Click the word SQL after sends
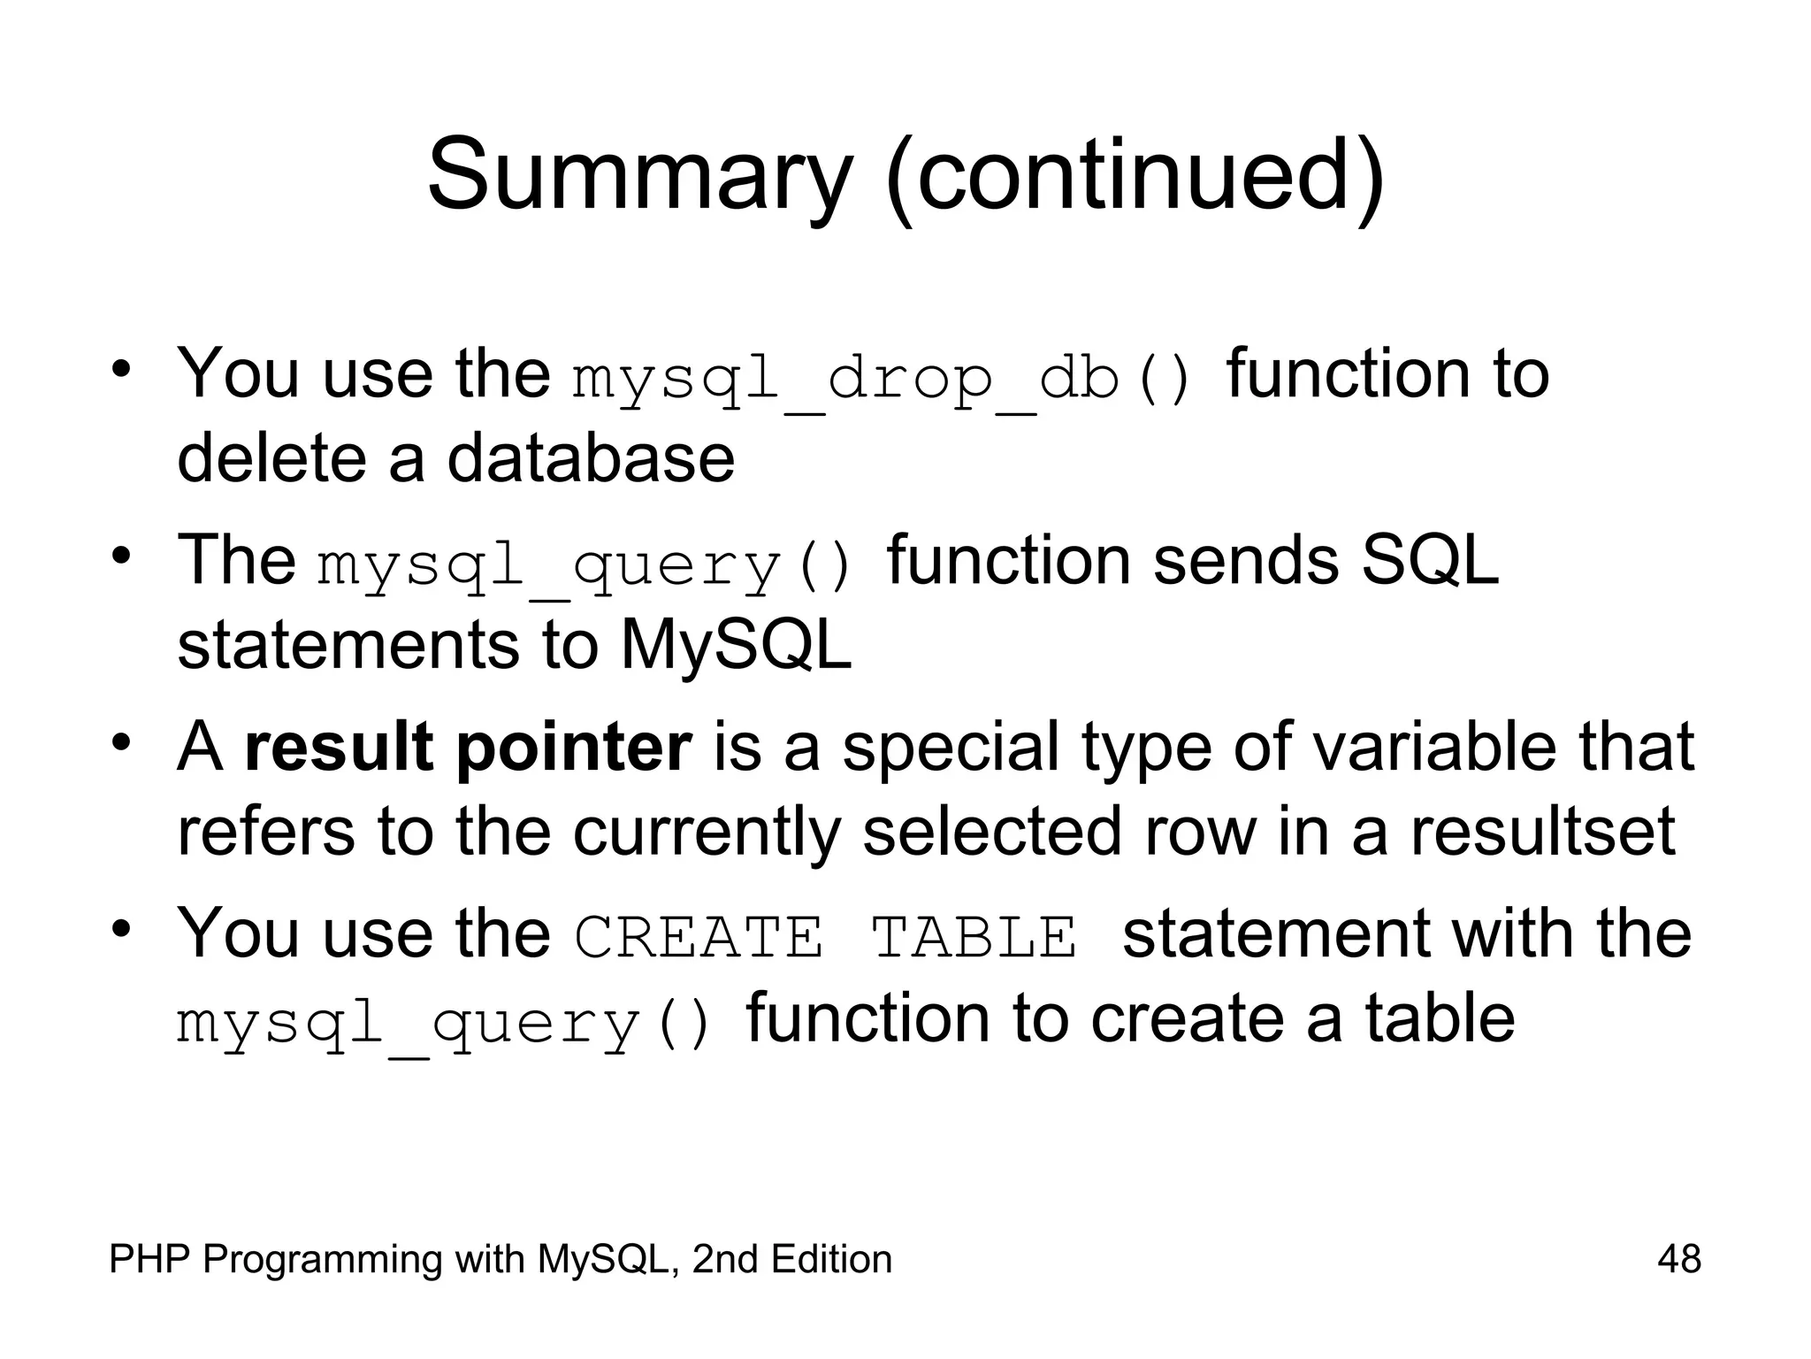1429,560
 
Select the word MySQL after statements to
736,645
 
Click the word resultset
1542,832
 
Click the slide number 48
1678,1259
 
